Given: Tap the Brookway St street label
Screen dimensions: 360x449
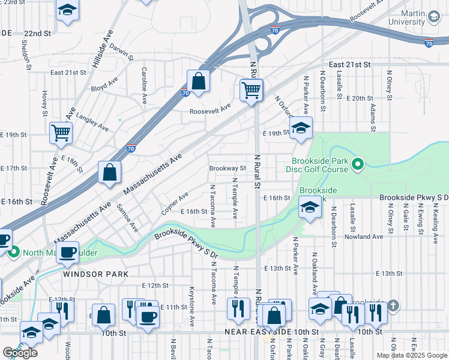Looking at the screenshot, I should coord(228,169).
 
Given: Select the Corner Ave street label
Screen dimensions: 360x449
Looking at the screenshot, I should coord(175,203).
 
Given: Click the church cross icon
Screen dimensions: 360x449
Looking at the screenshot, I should coord(393,307).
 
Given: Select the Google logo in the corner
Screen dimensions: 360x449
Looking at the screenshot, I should coord(20,353).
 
